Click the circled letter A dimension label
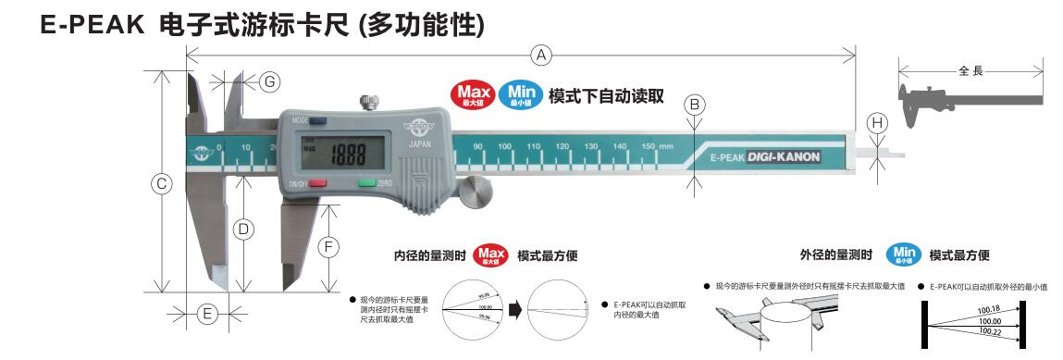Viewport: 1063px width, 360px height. tap(542, 56)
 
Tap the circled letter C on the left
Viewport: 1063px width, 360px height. tap(161, 183)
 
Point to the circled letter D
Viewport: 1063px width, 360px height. tap(242, 228)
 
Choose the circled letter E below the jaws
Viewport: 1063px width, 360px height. tap(208, 314)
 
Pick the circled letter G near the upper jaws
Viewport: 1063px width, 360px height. tap(268, 81)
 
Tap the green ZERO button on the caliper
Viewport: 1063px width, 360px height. tap(367, 182)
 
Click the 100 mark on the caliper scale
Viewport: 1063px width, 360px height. tap(504, 147)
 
